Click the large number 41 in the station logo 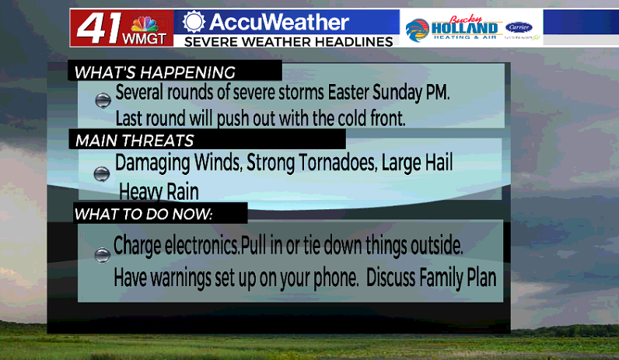pos(99,28)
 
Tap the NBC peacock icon pos(145,24)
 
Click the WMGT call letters pos(144,39)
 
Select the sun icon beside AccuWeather pos(194,21)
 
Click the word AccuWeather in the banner pos(279,22)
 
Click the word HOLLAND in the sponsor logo pos(464,29)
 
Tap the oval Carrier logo pos(519,27)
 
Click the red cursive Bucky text pos(466,19)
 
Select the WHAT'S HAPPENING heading pos(154,72)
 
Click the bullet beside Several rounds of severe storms pos(103,100)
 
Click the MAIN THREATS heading pos(135,141)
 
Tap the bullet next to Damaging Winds pos(102,173)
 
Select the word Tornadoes pos(337,163)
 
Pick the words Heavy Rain pos(159,192)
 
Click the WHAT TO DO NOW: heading pos(143,214)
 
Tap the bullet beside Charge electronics pos(103,255)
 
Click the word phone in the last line pos(336,278)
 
